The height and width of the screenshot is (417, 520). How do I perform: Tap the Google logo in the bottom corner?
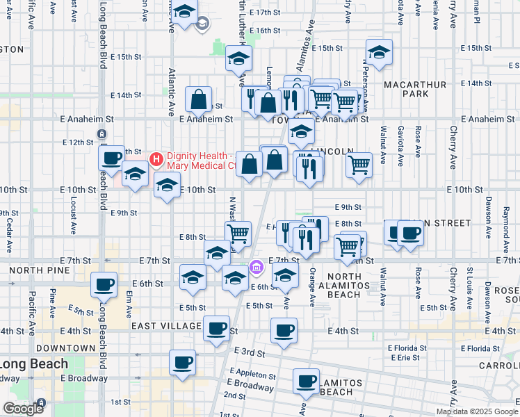coord(23,409)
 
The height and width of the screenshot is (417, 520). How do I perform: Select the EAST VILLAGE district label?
coord(165,326)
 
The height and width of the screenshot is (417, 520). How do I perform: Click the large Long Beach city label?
coord(34,363)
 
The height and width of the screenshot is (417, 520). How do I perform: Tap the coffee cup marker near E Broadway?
coord(306,380)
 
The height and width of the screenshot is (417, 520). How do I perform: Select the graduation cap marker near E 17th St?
coord(184,12)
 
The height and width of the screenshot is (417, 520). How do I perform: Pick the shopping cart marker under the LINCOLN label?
coord(359,165)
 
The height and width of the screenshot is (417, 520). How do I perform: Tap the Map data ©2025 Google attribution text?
coord(476,411)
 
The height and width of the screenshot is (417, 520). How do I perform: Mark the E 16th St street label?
coord(264,31)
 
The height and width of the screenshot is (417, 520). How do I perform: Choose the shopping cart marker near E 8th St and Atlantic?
coord(238,233)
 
